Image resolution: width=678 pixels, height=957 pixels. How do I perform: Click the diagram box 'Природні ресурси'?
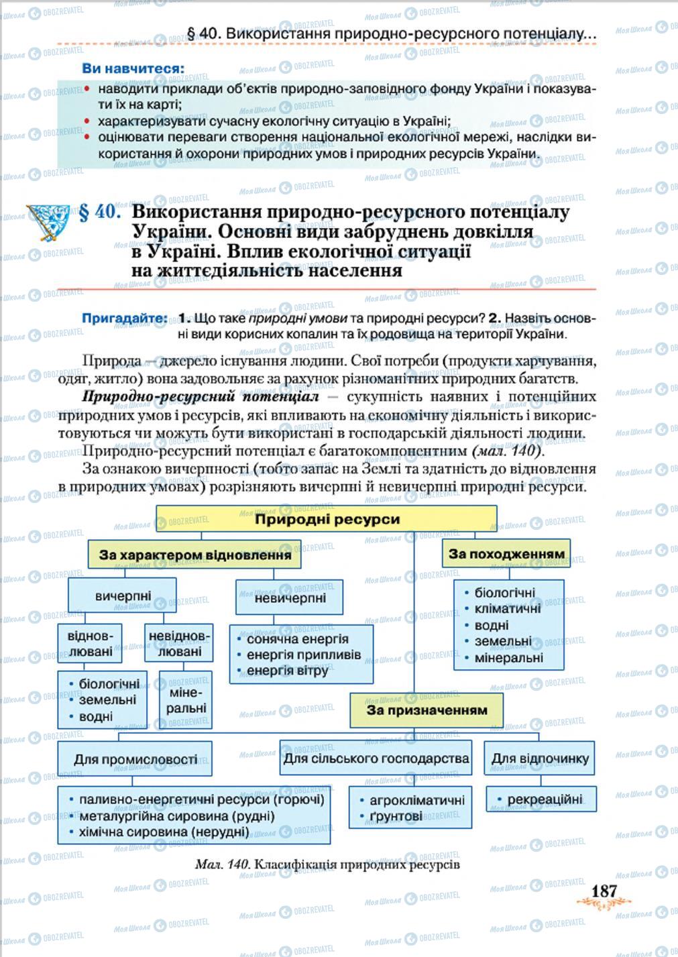(x=327, y=519)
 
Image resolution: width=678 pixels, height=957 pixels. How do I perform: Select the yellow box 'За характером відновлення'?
(x=194, y=555)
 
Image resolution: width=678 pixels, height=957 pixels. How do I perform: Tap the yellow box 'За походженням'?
(x=506, y=554)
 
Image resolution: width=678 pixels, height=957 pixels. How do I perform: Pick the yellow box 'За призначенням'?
(x=427, y=710)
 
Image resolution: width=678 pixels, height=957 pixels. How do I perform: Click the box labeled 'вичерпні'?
(x=123, y=596)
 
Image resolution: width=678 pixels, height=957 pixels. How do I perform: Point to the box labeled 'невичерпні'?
(x=290, y=597)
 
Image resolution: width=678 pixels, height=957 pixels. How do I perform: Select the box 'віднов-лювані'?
(x=91, y=643)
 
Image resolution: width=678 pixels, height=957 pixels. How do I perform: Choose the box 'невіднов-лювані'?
(x=178, y=643)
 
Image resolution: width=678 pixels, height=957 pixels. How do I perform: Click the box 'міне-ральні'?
(x=186, y=699)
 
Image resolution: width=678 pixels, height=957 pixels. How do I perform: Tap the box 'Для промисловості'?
(x=135, y=759)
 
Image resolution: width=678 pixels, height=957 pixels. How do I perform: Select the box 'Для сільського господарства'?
(x=376, y=758)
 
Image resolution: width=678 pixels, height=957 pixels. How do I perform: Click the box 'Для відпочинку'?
(x=540, y=758)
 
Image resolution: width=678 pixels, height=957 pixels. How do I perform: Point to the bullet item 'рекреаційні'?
(x=544, y=799)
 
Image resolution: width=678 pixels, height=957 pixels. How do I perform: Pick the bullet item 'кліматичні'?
(x=507, y=609)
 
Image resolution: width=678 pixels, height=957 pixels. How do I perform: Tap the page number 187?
(x=604, y=891)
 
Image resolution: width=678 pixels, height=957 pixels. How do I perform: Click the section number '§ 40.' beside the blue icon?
(x=100, y=213)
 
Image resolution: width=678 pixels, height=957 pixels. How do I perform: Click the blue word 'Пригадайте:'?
(x=125, y=318)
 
